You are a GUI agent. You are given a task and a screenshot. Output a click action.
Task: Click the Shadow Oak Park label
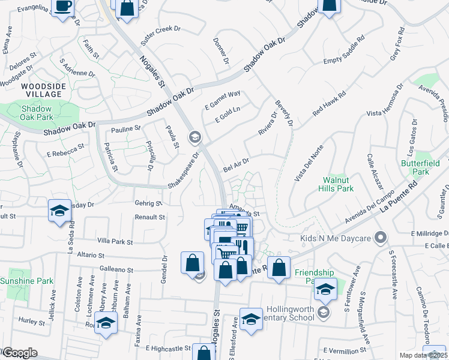point(37,114)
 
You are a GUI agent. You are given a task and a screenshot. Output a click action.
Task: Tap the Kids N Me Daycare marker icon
point(379,238)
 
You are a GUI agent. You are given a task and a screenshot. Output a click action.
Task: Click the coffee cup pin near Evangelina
point(63,7)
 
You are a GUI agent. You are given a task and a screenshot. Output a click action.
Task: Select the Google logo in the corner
point(19,353)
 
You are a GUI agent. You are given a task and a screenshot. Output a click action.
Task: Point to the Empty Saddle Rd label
point(344,51)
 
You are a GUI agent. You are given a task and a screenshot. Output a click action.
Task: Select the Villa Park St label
point(115,242)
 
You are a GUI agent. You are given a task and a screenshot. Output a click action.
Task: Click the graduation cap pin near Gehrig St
point(59,210)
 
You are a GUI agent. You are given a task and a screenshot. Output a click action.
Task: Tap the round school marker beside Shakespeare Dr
point(194,137)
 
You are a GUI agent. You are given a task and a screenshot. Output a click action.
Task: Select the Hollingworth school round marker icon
point(324,312)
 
